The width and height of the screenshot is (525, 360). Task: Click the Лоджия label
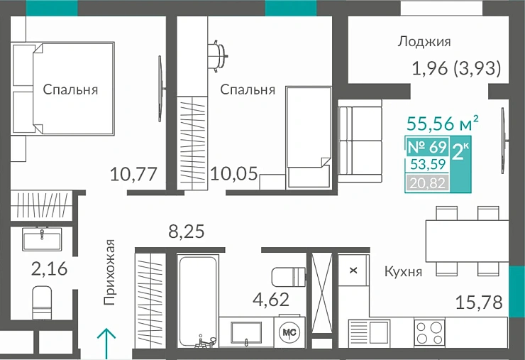tap(424, 42)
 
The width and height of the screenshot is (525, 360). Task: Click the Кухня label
tap(403, 271)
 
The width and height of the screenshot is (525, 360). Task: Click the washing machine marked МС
tap(289, 332)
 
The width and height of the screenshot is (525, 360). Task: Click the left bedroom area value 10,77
tap(133, 173)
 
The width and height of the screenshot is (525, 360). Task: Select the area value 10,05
tap(235, 173)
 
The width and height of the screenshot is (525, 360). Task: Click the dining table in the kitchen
tap(465, 240)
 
